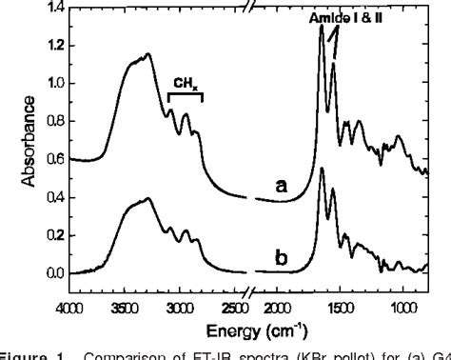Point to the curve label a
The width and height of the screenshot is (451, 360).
[x=282, y=187]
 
